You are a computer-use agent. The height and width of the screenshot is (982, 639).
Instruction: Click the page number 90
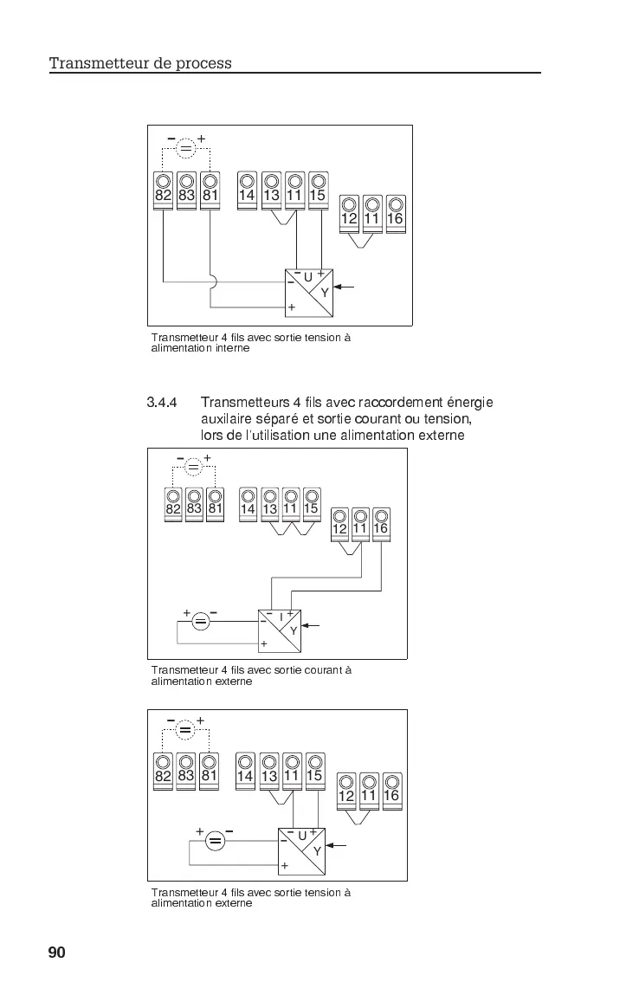point(57,953)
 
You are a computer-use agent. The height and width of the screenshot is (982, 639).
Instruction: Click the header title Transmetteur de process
point(140,63)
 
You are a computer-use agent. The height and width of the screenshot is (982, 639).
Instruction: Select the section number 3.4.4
point(162,403)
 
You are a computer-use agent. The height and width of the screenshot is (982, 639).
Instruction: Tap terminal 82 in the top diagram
point(164,190)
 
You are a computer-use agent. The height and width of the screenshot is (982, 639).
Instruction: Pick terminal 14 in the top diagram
point(248,190)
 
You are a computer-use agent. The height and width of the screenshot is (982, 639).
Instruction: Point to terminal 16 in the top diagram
point(395,213)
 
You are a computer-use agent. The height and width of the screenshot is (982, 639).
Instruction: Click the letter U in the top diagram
point(308,277)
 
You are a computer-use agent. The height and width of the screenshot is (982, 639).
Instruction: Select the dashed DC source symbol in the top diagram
point(187,149)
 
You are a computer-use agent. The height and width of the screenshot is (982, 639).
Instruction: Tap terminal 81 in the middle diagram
point(215,503)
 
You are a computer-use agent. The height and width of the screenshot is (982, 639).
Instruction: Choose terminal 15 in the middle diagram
point(311,503)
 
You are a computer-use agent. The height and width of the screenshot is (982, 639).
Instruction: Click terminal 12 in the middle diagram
point(339,523)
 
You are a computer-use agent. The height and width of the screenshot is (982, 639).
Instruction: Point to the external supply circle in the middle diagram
point(201,621)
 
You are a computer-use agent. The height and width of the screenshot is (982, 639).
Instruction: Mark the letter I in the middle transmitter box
point(281,617)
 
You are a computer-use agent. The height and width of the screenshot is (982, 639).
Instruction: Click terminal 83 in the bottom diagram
point(186,770)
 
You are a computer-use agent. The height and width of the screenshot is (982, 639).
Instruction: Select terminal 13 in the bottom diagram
point(269,770)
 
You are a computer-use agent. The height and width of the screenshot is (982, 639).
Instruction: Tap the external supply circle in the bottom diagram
point(216,841)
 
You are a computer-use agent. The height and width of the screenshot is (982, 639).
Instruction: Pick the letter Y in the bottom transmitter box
point(317,851)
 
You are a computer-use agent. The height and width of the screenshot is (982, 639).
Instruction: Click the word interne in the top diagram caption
point(232,348)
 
